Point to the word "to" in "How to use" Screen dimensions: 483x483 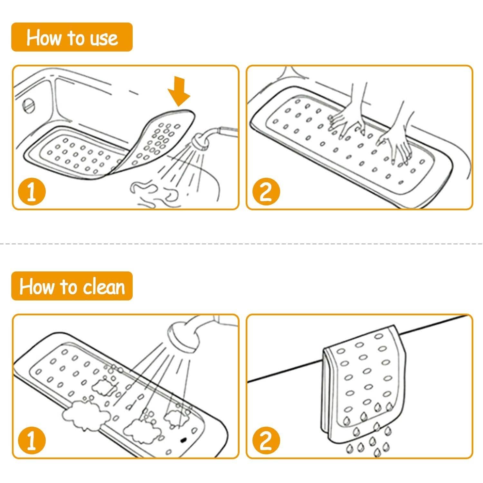(x=75, y=38)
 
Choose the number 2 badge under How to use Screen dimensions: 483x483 (x=266, y=192)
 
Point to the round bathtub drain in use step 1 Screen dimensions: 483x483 (x=28, y=105)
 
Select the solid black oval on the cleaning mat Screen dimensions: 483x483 (x=184, y=439)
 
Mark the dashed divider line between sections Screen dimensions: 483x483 (x=241, y=244)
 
